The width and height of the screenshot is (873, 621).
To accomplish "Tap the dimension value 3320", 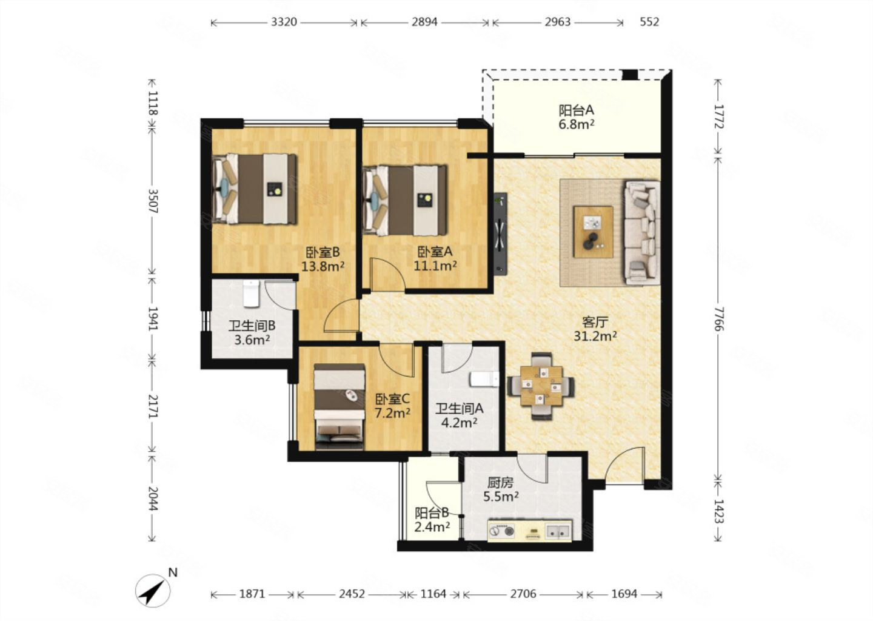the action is point(284,22).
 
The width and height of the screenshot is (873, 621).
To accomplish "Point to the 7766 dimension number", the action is point(718,318).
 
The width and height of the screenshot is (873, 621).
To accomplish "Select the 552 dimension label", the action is point(649,22).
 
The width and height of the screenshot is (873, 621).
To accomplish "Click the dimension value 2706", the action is point(523,594).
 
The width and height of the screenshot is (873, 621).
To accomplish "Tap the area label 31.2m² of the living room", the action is point(595,336).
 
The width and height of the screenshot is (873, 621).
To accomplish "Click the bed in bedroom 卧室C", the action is point(339,406).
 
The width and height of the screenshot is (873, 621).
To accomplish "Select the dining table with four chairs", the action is point(541,386).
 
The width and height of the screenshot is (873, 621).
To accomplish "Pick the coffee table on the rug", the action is point(593,232).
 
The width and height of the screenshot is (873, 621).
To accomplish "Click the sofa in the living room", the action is point(642,232).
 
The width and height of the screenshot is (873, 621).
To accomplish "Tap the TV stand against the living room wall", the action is point(500,233).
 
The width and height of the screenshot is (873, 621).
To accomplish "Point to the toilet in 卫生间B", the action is point(251,294).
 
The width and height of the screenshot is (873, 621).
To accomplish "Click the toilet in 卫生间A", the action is point(484,379).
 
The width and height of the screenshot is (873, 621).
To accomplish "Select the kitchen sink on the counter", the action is point(558,531).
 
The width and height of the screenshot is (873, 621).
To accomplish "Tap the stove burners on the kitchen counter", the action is point(502,531).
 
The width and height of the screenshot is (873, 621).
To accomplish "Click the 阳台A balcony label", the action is point(576,110).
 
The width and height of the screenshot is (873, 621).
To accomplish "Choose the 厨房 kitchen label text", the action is point(500,483).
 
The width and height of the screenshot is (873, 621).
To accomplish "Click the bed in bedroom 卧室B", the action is point(253,189).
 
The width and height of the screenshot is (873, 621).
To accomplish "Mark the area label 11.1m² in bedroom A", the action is point(435,266).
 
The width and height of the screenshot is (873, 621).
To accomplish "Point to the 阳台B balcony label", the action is point(432,513).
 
